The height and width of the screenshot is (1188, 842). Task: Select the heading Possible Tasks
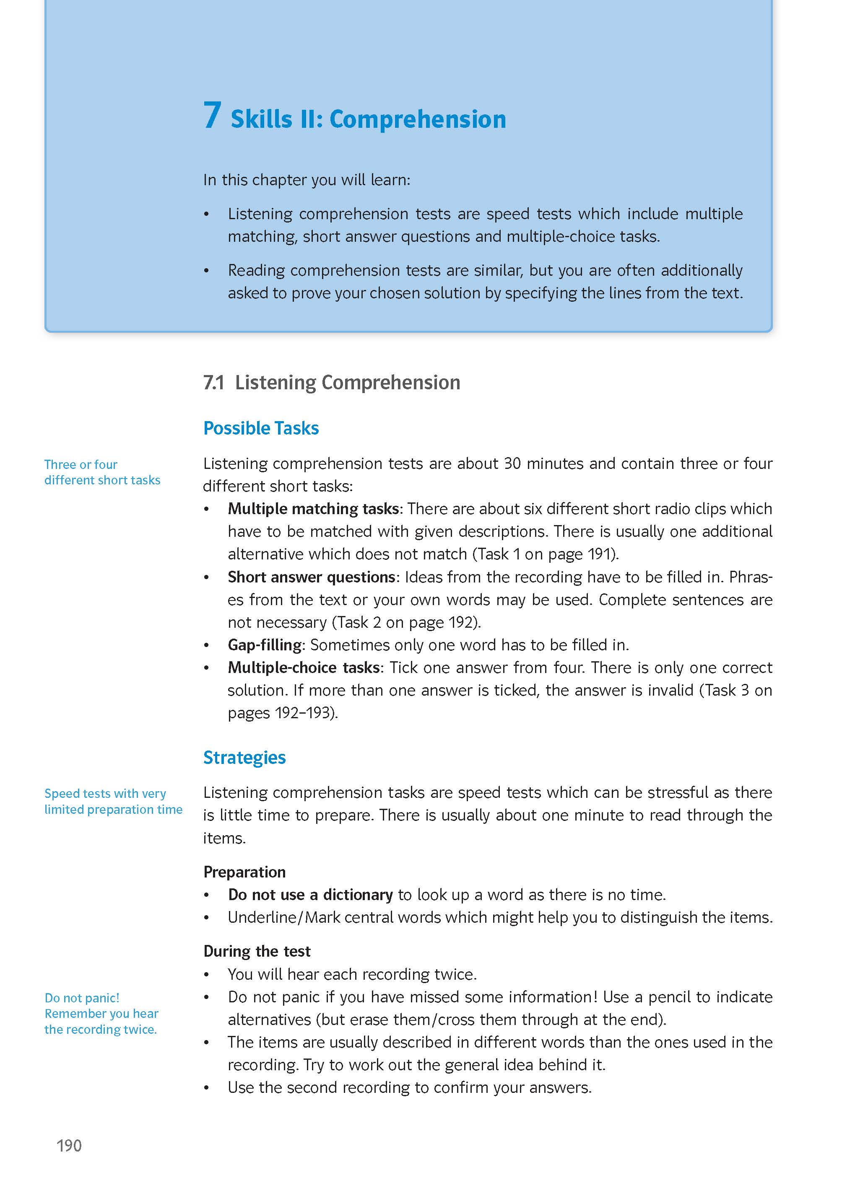coord(261,428)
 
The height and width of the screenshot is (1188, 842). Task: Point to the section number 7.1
coord(213,382)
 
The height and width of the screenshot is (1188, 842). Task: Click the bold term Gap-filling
coord(265,644)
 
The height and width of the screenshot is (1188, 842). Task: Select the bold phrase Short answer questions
coord(312,577)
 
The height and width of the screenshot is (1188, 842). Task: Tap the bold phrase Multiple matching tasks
coord(313,508)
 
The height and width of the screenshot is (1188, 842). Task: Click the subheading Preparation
coord(244,872)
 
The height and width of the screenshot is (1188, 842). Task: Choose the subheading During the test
coord(257,951)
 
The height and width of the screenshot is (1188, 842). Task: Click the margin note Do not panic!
coord(82,997)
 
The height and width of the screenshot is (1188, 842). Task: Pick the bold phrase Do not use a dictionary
coord(310,894)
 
